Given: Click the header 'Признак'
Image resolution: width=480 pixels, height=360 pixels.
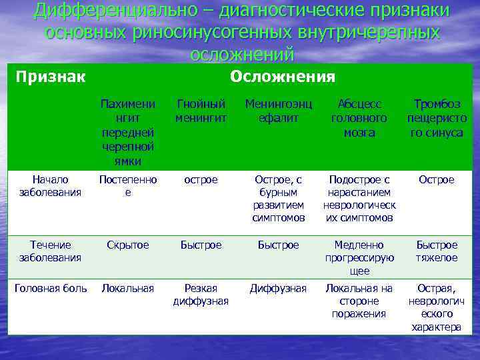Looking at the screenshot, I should [50, 77].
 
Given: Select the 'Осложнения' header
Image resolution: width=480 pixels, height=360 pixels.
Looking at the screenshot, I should [282, 77].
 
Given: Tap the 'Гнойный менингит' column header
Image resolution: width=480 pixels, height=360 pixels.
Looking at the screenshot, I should [201, 111].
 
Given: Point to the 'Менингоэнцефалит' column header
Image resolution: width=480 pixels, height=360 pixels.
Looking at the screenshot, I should [279, 111].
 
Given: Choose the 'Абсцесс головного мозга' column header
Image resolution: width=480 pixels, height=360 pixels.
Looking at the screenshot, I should [359, 118].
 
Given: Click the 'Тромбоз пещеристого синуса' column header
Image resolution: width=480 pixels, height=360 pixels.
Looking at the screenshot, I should [437, 118].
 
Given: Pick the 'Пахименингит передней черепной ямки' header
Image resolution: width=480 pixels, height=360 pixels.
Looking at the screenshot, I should [127, 132].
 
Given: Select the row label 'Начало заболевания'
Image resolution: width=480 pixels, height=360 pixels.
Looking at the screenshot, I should [50, 186].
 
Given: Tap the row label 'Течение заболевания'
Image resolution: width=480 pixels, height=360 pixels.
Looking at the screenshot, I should [50, 251].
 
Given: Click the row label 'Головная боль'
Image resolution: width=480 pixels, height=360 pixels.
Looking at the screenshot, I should [51, 288].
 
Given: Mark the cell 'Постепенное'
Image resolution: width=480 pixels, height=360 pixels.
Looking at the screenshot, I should [127, 186].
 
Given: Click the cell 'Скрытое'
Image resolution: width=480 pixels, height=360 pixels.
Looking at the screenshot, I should [127, 245].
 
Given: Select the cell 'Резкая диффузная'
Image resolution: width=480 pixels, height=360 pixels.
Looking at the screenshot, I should [201, 295].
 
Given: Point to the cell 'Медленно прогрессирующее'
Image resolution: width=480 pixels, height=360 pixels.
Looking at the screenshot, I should [359, 258].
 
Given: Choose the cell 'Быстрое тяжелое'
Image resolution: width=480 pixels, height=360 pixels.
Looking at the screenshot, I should [437, 251].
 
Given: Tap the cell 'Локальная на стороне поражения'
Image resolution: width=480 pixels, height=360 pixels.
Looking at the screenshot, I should [359, 301].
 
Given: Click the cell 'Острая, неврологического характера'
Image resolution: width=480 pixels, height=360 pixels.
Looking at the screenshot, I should [437, 307].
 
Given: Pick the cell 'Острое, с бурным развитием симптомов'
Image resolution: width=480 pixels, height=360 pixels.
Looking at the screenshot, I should [279, 199].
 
